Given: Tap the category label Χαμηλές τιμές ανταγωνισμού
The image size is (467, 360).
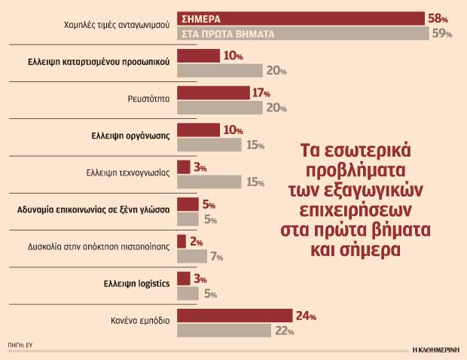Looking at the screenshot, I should coord(118,26).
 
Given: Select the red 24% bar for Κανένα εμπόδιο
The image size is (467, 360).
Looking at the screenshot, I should coord(234,316).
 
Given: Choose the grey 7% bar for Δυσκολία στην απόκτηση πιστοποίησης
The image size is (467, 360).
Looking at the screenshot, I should coord(191,257).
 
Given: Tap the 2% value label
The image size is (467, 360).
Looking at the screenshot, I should coord(196,242).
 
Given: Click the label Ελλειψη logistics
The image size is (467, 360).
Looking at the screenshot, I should coord(136,284).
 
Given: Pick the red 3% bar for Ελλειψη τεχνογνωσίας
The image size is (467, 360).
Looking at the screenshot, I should coord(182,166).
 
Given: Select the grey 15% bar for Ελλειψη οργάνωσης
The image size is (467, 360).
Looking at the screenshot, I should coord(209,145).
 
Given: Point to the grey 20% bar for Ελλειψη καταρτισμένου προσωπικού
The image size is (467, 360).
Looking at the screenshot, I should coord(219,71).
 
